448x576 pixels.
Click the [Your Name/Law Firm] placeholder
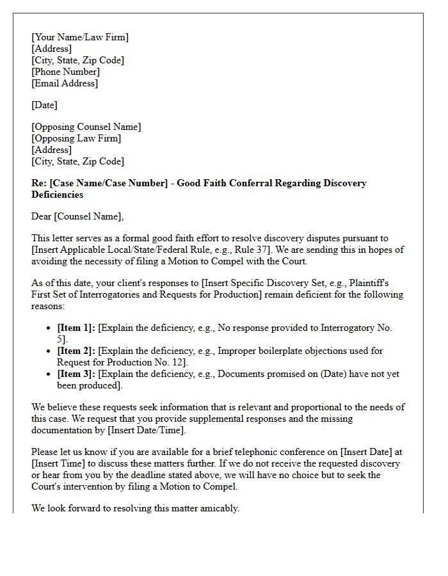point(80,37)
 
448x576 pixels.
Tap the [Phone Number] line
point(65,72)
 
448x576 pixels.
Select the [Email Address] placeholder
point(65,83)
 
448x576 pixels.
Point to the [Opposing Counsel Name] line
point(86,127)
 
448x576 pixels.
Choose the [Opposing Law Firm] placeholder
point(76,138)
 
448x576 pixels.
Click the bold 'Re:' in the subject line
point(38,183)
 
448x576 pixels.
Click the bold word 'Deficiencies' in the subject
point(57,195)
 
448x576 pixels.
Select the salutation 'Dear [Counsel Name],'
point(77,216)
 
